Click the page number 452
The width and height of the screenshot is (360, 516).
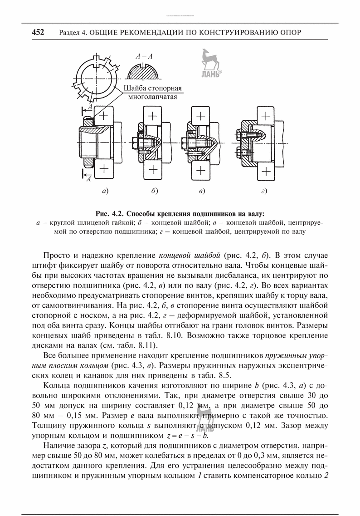pyautogui.click(x=38, y=33)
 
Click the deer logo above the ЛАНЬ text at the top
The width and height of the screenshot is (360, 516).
pyautogui.click(x=207, y=59)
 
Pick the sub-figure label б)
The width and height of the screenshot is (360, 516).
pyautogui.click(x=155, y=191)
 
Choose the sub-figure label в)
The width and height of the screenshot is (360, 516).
pyautogui.click(x=202, y=191)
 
